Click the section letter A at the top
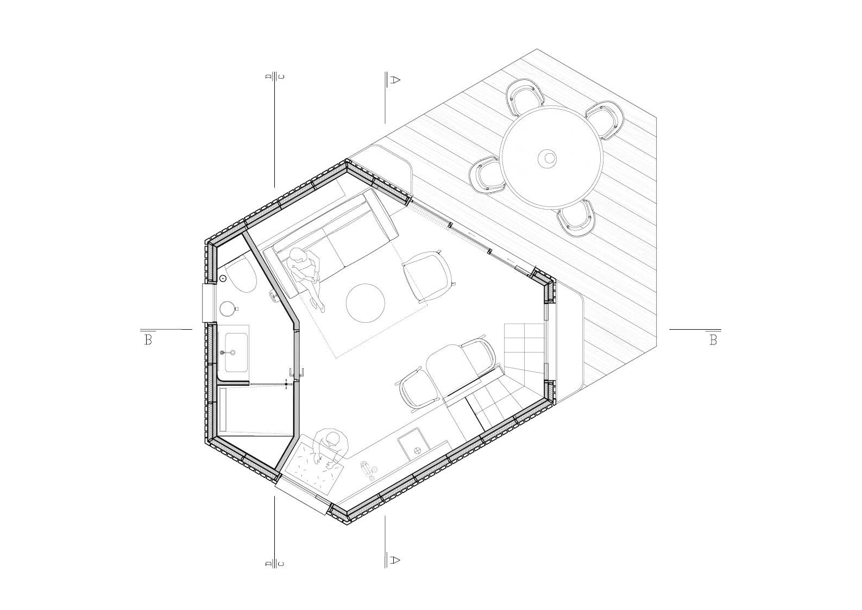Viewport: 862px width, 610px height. [x=395, y=80]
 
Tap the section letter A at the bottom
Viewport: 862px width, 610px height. [x=395, y=559]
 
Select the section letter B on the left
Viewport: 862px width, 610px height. [x=148, y=340]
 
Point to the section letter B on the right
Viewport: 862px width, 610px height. [x=713, y=340]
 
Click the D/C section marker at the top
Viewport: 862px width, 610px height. [x=275, y=77]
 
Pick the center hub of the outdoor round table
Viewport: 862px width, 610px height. [x=547, y=158]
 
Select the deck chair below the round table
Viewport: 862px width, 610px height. [x=577, y=218]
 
